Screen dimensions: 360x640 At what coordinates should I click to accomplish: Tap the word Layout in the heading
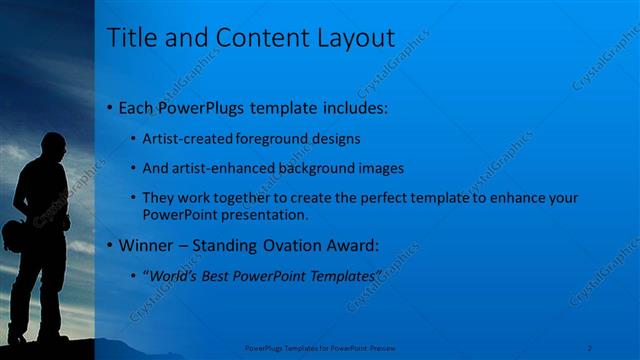(x=350, y=38)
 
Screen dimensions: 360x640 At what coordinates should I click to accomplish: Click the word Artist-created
(x=184, y=139)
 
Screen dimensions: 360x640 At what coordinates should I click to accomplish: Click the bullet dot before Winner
(x=109, y=245)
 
